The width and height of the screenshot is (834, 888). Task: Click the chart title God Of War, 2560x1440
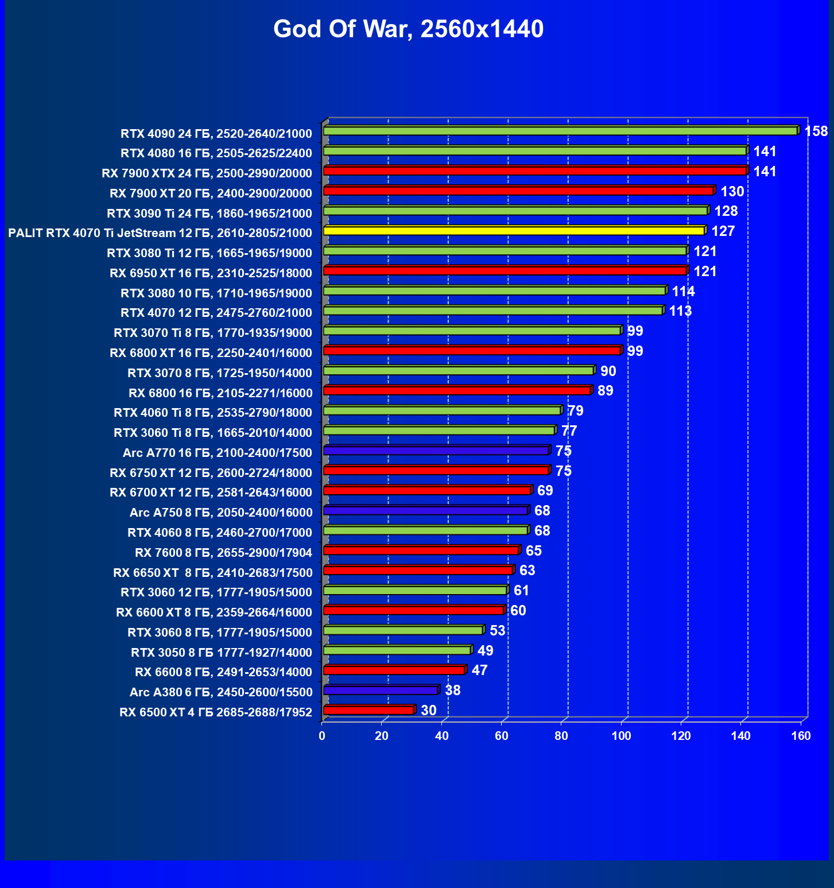coord(408,29)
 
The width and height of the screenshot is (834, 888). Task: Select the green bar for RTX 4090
coord(560,131)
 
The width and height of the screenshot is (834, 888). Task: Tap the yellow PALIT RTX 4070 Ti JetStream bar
coord(514,230)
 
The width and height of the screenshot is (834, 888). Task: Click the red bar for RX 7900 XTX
coord(535,170)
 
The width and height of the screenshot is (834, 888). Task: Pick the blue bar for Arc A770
coord(436,451)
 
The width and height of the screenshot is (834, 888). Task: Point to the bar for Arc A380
coord(381,690)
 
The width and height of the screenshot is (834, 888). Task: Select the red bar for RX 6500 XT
coord(368,710)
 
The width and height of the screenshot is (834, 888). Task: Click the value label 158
coord(816,131)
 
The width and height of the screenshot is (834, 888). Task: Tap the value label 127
coord(723,231)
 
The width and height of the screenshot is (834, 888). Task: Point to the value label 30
coord(429,711)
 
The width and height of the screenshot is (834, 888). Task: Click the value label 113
coord(681,311)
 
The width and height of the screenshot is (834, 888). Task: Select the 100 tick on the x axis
coord(621,736)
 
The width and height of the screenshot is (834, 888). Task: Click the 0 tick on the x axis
coord(322,736)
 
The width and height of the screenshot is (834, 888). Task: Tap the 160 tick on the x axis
coord(801,736)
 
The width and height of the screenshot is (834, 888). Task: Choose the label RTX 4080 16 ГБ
coord(216,153)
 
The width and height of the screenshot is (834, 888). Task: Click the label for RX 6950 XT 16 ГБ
coord(211,273)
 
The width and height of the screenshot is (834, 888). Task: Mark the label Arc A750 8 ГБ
coord(221,513)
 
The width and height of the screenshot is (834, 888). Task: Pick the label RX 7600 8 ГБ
coord(223,553)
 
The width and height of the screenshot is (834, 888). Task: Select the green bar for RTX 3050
coord(397,650)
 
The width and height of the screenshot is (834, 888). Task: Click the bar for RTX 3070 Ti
coord(472,331)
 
